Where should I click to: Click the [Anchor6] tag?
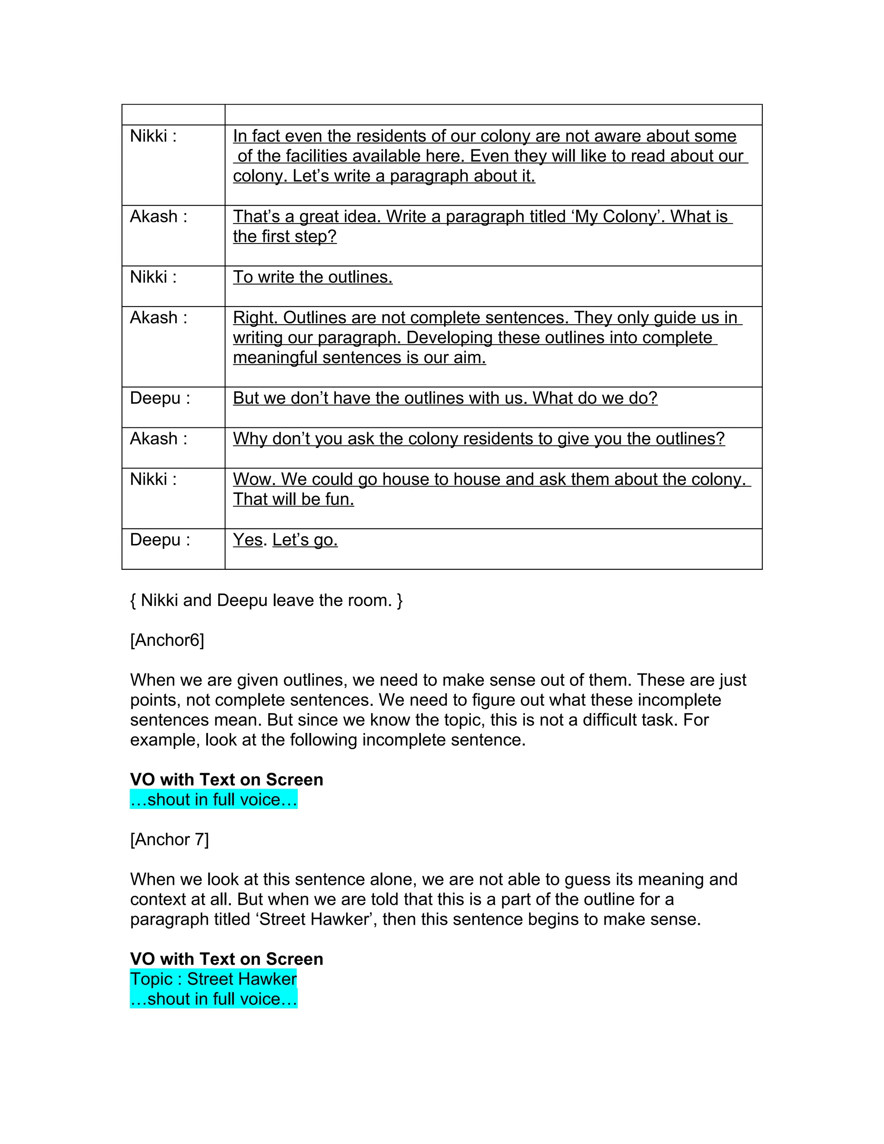coord(167,640)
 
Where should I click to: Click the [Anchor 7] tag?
coord(169,840)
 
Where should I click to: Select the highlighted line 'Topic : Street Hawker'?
coord(213,979)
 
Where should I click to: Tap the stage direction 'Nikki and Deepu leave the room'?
coord(266,600)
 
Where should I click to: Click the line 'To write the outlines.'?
coord(313,277)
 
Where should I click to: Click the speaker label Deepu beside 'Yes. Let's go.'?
coord(160,540)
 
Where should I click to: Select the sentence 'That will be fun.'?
coord(293,499)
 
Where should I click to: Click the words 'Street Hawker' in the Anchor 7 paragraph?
coord(314,919)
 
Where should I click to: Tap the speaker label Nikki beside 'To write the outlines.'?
coord(153,277)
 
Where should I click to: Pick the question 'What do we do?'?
coord(595,398)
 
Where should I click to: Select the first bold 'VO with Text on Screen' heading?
coord(226,779)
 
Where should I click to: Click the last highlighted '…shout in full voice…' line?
coord(213,999)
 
